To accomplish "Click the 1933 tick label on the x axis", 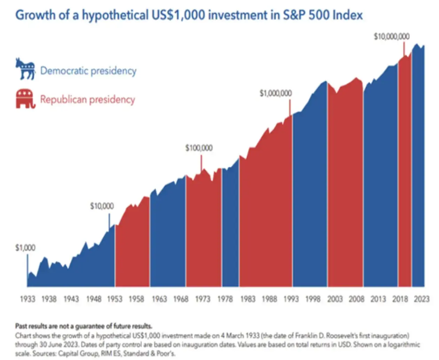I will coord(27,299).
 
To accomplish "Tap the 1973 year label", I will coord(203,299).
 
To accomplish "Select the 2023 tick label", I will coord(422,299).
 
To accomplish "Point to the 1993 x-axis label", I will coord(291,299).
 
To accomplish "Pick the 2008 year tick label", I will coord(357,299).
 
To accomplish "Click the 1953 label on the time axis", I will coord(115,299).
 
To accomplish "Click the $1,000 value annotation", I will coord(25,248).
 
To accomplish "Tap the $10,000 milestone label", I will coord(102,206).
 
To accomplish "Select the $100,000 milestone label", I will coord(199,148).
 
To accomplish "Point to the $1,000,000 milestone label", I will coord(276,93).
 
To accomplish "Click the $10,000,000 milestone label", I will coord(392,37).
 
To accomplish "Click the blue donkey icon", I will coord(25,69).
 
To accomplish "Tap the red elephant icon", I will coord(25,99).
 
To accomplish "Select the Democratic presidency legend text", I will coord(88,71).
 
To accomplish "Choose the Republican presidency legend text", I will coord(88,100).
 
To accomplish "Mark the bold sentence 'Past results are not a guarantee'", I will coord(84,326).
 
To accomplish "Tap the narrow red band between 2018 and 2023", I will coord(405,174).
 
